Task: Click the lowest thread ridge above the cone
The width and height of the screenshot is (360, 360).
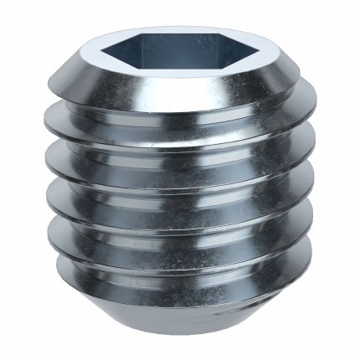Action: [180, 266]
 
